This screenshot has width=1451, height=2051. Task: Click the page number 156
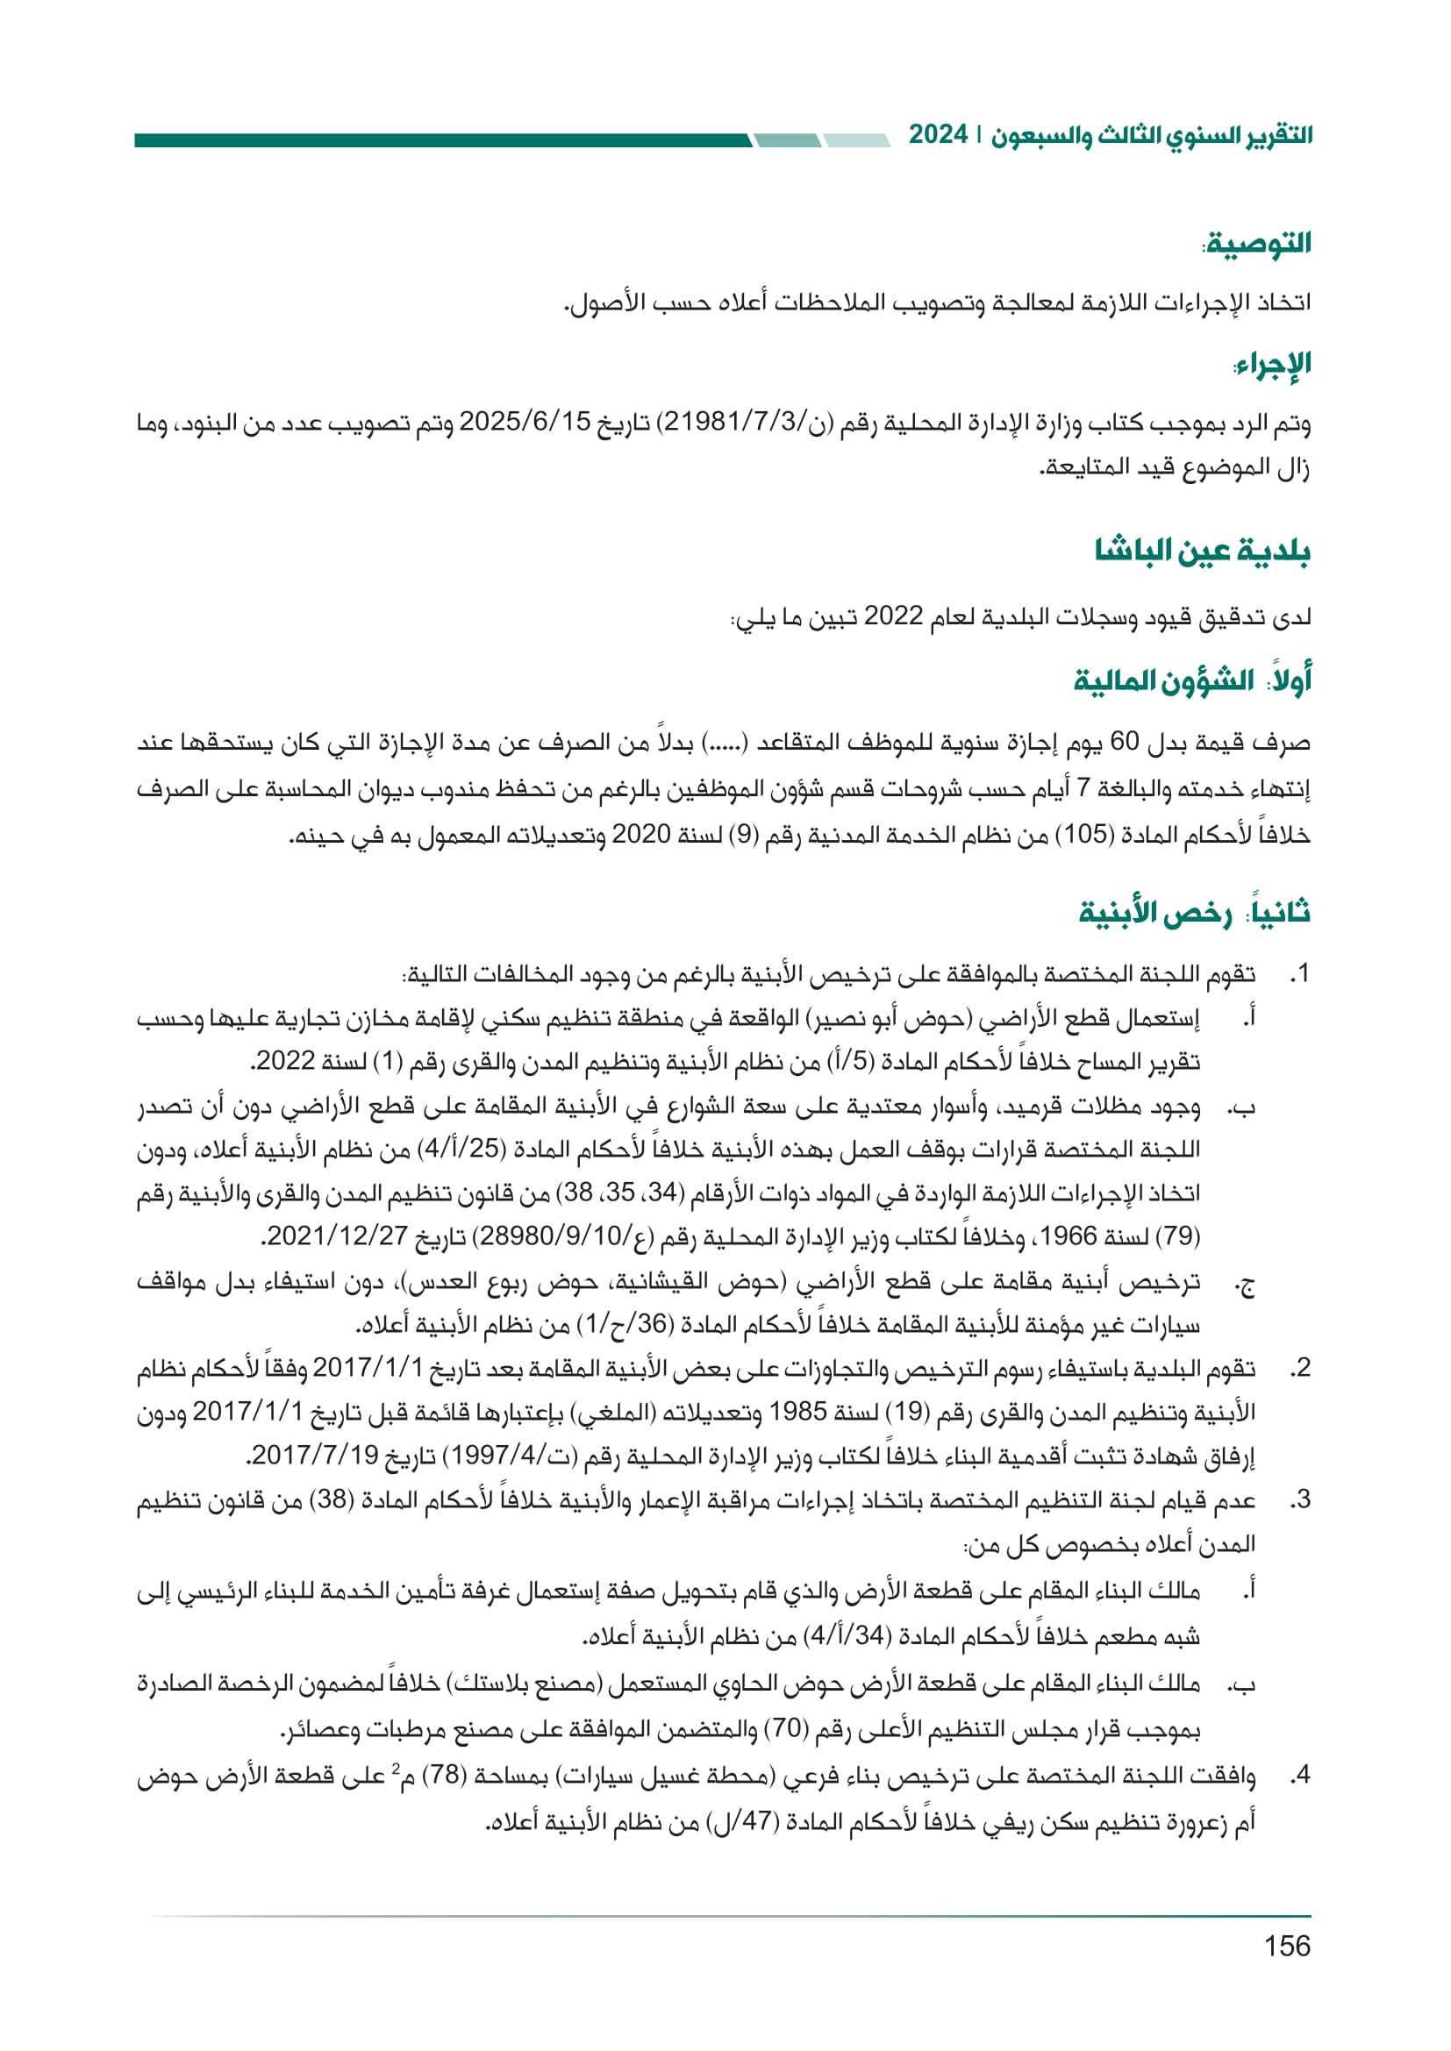[x=1287, y=1945]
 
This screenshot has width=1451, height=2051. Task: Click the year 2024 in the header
[x=938, y=135]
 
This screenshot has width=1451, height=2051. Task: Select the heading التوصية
[x=1258, y=244]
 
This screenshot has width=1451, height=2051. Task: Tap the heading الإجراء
[x=1273, y=364]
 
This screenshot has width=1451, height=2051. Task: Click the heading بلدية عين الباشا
[x=1203, y=551]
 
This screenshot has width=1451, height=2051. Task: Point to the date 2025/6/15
[x=525, y=423]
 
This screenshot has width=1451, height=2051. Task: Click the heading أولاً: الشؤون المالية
[x=1192, y=680]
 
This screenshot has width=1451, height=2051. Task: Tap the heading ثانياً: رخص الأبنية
[x=1195, y=912]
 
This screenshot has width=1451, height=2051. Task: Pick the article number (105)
[x=1084, y=834]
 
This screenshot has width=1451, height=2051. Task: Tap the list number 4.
[x=1300, y=1775]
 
